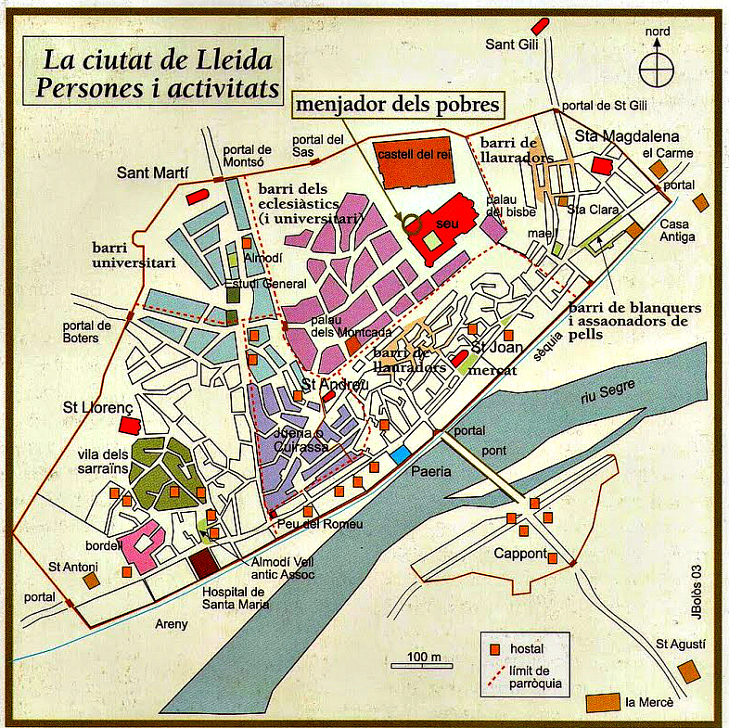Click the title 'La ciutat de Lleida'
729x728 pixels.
(157, 62)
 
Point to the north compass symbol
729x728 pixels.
(658, 66)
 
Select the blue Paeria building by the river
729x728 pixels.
(401, 454)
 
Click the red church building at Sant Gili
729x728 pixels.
(537, 28)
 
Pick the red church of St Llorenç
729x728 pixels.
(129, 424)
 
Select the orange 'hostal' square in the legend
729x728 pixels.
(495, 648)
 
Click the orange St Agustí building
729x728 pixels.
(687, 670)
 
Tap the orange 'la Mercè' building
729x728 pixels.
(605, 701)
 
